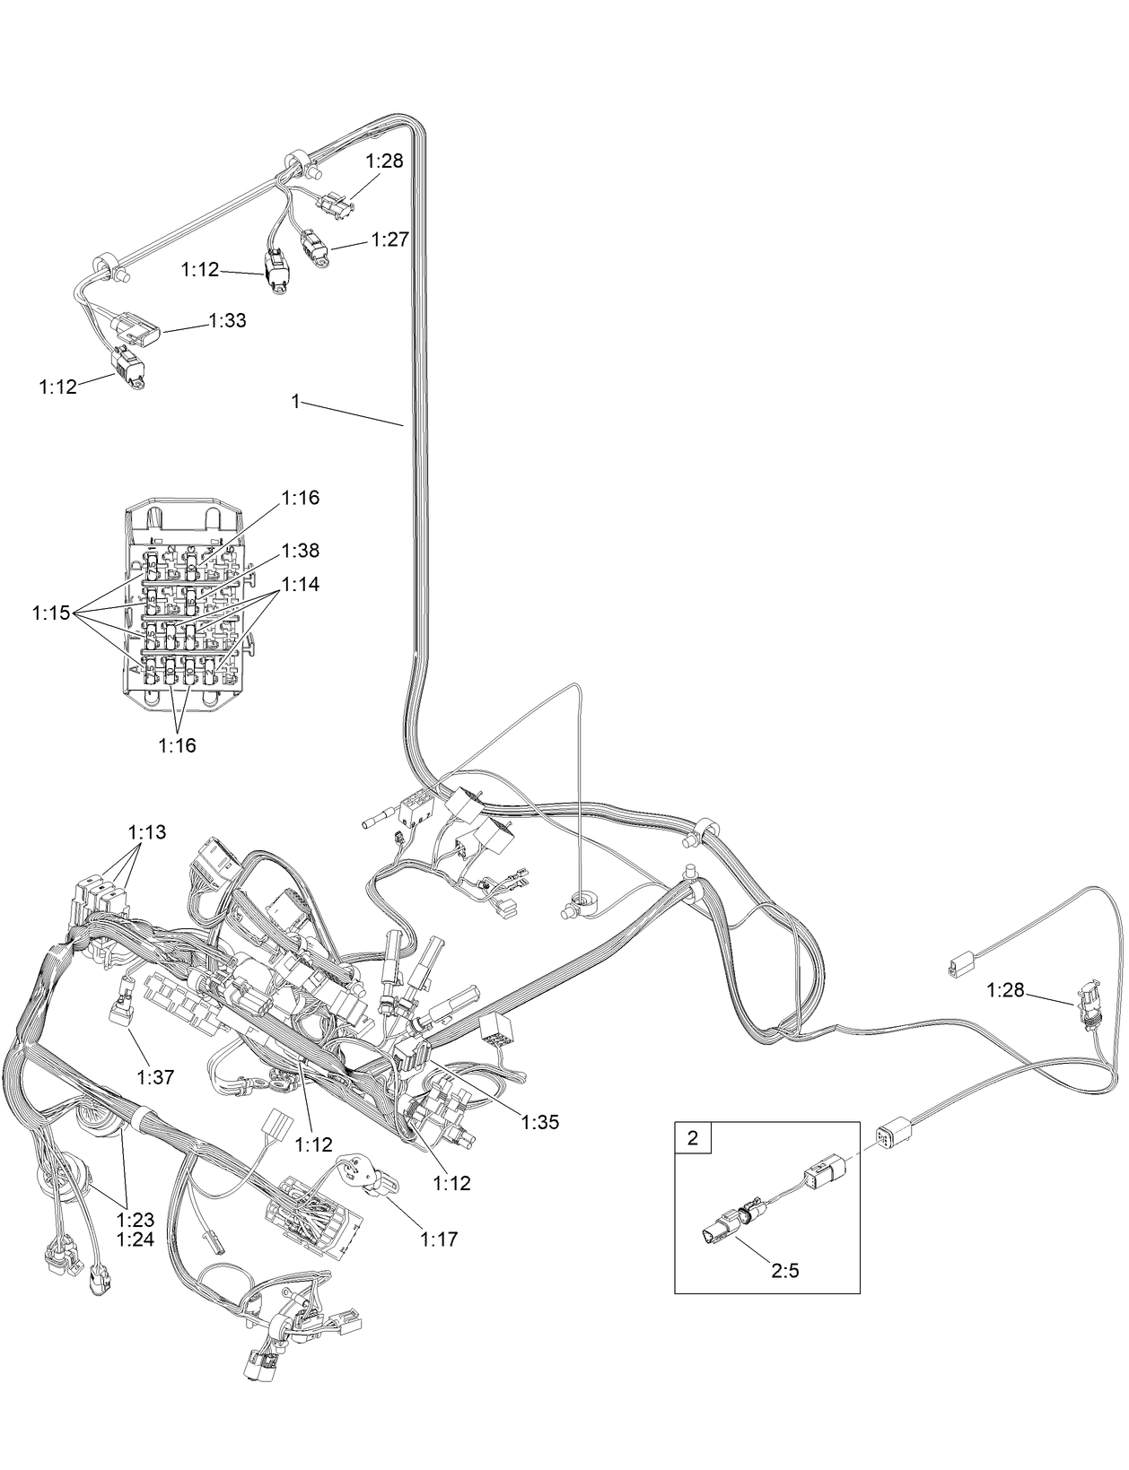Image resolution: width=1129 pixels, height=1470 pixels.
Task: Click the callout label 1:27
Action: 389,239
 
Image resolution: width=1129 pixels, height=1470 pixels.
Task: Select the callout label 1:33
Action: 227,320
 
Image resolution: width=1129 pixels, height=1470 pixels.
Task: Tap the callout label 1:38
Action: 300,550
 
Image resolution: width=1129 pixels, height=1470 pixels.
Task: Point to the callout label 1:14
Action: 300,584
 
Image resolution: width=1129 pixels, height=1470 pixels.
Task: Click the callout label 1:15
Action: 51,613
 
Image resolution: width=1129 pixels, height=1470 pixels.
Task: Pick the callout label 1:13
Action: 147,832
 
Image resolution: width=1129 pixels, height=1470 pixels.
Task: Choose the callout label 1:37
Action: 155,1076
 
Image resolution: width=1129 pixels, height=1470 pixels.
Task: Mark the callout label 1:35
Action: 540,1122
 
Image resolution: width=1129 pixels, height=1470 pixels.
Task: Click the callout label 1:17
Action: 439,1239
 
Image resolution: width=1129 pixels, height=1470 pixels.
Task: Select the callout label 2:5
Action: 784,1271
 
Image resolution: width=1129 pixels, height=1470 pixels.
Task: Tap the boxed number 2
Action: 692,1139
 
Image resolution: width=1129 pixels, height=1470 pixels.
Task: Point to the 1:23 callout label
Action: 136,1220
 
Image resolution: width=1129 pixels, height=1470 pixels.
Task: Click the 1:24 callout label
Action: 136,1240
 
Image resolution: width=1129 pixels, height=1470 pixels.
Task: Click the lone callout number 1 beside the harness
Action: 295,402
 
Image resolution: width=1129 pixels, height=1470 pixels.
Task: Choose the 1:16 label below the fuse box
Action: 177,744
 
